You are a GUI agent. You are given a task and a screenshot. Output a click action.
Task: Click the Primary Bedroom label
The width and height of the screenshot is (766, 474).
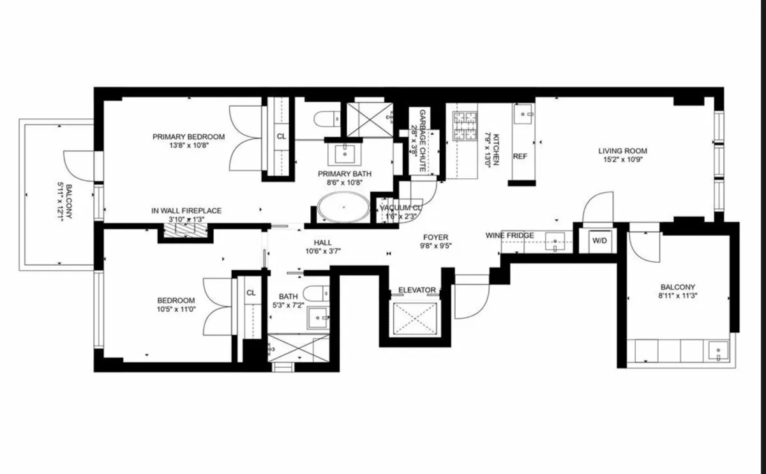click(188, 136)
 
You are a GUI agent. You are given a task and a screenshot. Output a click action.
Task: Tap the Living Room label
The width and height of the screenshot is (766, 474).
click(622, 151)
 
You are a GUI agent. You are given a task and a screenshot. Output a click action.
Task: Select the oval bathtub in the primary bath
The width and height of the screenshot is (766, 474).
click(343, 208)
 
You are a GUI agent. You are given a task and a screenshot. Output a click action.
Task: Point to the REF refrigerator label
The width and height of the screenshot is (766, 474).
click(520, 156)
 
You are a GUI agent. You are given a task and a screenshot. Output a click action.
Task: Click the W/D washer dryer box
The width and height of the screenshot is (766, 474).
click(599, 241)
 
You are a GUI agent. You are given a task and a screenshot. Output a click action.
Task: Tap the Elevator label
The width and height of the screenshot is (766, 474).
click(417, 290)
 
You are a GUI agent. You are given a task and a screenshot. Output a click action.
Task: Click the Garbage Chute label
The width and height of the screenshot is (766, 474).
click(422, 141)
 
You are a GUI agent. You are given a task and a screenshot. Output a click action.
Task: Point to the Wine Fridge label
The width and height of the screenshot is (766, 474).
click(510, 236)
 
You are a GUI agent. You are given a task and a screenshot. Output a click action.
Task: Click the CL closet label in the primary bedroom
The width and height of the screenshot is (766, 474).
click(281, 136)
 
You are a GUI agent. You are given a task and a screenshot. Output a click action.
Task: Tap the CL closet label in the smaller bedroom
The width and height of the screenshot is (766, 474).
click(251, 293)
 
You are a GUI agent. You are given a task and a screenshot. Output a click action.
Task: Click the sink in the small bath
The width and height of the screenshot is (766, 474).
click(317, 317)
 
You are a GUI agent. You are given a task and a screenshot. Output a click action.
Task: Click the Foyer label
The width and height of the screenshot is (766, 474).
click(435, 238)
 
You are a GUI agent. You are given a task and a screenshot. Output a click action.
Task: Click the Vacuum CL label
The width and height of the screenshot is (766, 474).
click(400, 208)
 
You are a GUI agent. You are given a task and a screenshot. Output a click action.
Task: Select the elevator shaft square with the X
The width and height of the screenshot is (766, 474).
click(416, 319)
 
